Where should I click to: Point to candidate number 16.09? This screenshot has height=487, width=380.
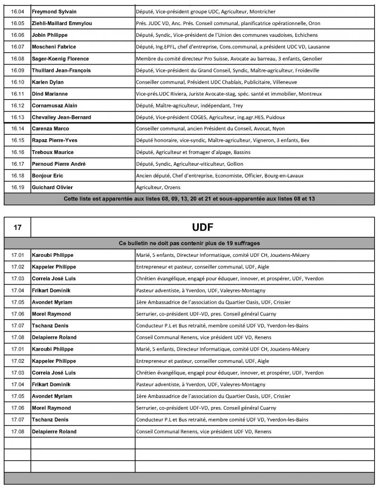[x=18, y=70]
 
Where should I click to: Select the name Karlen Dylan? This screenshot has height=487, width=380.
[x=47, y=82]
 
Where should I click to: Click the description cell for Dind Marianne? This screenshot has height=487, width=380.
[x=229, y=94]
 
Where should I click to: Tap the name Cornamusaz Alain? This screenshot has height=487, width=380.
[x=55, y=105]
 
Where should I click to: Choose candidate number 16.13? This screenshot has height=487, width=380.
[x=18, y=117]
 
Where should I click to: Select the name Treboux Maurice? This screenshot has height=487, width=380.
[x=53, y=152]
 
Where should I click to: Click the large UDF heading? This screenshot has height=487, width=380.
[x=203, y=227]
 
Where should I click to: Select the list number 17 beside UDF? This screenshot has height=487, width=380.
[x=18, y=227]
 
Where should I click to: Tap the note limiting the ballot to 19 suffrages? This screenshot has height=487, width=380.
[x=190, y=243]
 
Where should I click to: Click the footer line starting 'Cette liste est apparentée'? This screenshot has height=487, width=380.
[x=190, y=199]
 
